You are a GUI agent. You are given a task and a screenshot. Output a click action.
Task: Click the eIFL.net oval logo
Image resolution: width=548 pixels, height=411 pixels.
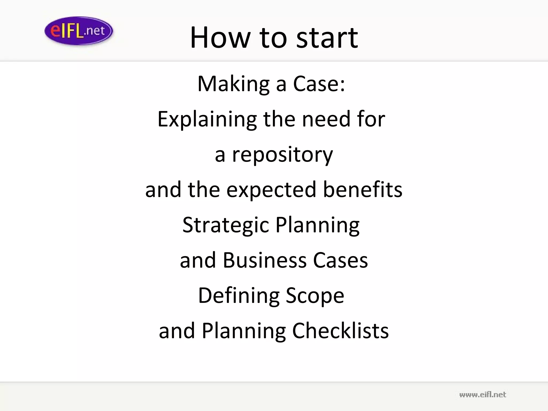pyautogui.click(x=79, y=31)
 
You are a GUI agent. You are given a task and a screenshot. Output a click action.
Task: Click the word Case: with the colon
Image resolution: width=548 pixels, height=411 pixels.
pyautogui.click(x=319, y=84)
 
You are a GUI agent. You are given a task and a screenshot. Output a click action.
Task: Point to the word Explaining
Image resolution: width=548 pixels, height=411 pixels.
pyautogui.click(x=207, y=119)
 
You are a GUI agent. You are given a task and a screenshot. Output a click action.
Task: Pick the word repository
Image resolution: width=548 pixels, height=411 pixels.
pyautogui.click(x=282, y=155)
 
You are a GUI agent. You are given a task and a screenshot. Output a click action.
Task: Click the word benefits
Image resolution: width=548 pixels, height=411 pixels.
pyautogui.click(x=363, y=189)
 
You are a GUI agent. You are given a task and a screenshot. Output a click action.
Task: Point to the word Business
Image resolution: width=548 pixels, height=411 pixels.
pyautogui.click(x=265, y=260)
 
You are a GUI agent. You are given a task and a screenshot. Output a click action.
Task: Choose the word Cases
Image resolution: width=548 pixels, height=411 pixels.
pyautogui.click(x=340, y=260)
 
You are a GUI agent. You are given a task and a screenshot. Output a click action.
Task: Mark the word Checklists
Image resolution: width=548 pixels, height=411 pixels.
pyautogui.click(x=340, y=331)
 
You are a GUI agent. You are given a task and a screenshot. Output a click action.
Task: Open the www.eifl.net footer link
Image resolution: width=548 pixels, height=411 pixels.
pyautogui.click(x=482, y=395)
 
